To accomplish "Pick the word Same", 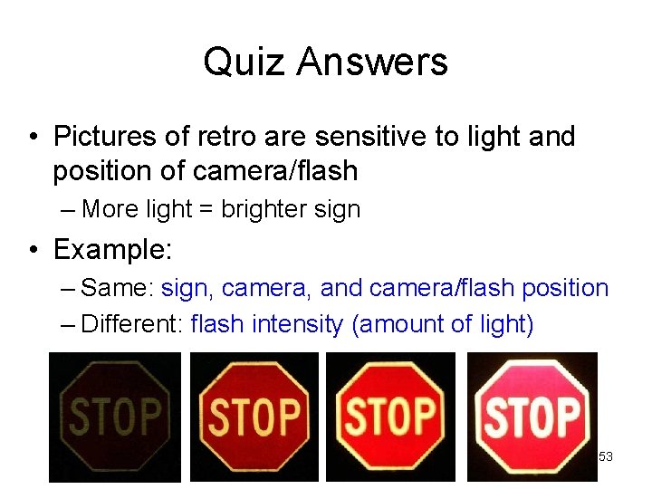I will (117, 288).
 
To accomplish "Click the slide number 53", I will (606, 457).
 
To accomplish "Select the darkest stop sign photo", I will (114, 417).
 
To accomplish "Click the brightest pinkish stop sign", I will (532, 417).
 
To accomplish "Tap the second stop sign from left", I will (254, 417).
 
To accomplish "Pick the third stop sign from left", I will (392, 417).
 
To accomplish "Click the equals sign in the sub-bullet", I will (205, 210).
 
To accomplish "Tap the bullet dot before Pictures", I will (33, 138).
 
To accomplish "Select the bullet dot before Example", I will (33, 249).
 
